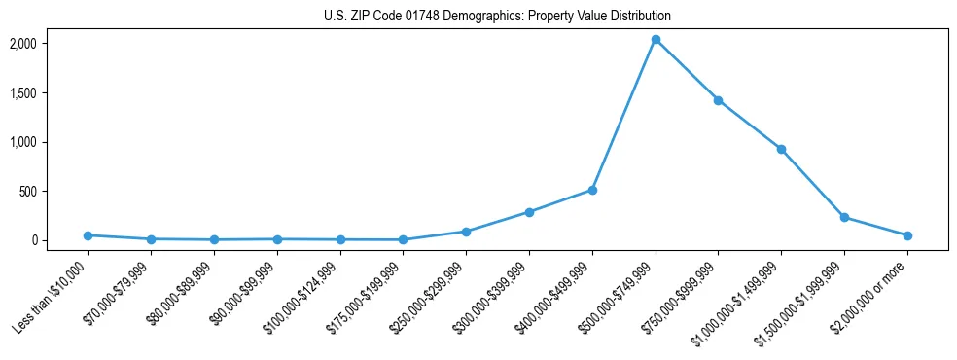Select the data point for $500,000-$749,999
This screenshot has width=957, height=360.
point(656,40)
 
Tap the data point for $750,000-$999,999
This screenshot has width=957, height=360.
point(718,100)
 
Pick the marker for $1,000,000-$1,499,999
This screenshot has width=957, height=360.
point(781,149)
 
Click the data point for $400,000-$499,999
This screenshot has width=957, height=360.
point(592,190)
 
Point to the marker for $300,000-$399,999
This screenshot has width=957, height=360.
point(529,212)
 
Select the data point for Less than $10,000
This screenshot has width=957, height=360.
point(89,235)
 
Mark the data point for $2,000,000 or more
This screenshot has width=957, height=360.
point(907,235)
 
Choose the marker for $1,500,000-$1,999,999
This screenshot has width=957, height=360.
point(844,217)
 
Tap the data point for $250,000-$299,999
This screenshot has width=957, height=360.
point(466,232)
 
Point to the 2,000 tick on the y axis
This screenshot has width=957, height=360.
point(51,44)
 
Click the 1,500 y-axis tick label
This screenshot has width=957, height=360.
point(51,93)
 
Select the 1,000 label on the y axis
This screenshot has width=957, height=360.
point(51,142)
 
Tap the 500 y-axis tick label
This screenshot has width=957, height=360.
point(55,192)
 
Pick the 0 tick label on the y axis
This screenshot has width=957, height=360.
point(60,240)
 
